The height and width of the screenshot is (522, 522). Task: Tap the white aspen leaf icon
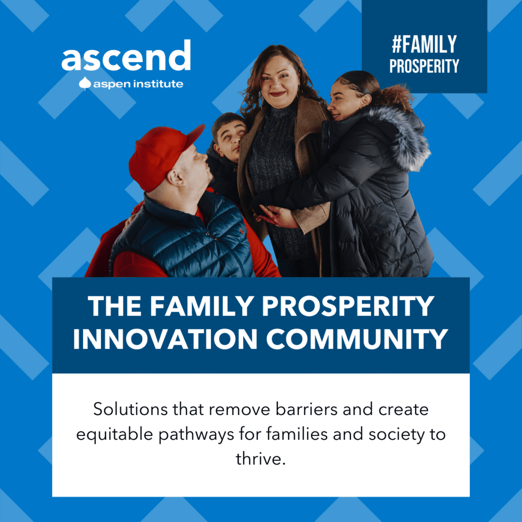point(85,84)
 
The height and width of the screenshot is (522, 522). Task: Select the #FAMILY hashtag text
point(424,44)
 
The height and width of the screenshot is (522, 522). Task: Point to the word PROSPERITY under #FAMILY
point(424,66)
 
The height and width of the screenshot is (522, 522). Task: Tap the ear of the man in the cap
point(175,177)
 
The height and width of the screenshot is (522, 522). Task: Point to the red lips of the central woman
point(278,94)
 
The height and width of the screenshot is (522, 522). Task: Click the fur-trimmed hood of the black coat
point(400,137)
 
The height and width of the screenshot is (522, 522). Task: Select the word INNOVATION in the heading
point(165,338)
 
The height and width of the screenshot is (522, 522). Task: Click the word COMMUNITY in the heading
point(357,338)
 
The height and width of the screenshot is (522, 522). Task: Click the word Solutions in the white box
point(130,409)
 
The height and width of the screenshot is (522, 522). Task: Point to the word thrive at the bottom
point(260,459)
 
